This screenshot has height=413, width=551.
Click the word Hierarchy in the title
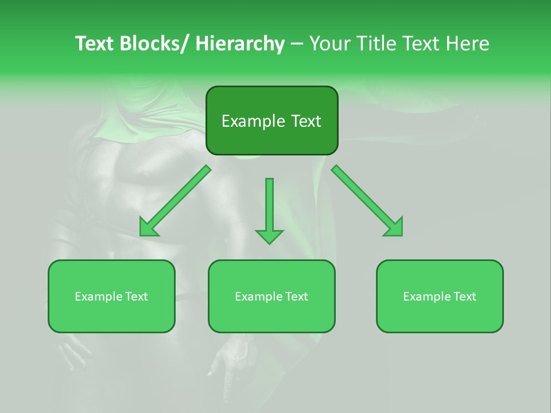[x=240, y=44]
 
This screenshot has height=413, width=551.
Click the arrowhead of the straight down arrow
[x=269, y=236]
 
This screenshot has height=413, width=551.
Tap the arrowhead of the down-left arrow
[x=149, y=228]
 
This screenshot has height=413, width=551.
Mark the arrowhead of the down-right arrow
[x=394, y=228]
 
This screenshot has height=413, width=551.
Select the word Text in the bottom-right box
[x=464, y=297]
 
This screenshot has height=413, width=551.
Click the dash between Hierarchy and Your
[x=296, y=44]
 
